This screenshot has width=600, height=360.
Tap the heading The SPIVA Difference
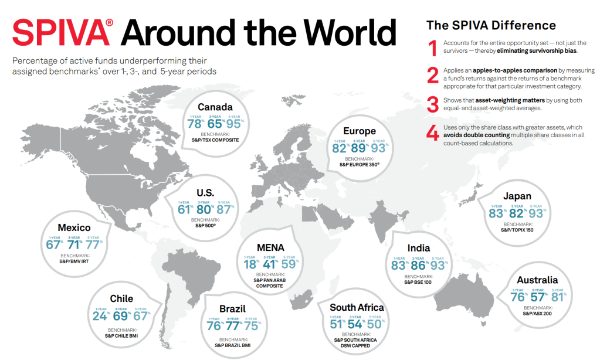[491, 25]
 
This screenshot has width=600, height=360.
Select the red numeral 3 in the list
[432, 104]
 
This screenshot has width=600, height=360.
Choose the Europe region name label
[360, 131]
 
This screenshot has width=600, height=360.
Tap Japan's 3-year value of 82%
[517, 213]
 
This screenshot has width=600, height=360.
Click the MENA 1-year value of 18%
[249, 265]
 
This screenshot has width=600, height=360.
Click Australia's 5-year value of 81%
[557, 297]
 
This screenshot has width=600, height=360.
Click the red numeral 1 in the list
[432, 47]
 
